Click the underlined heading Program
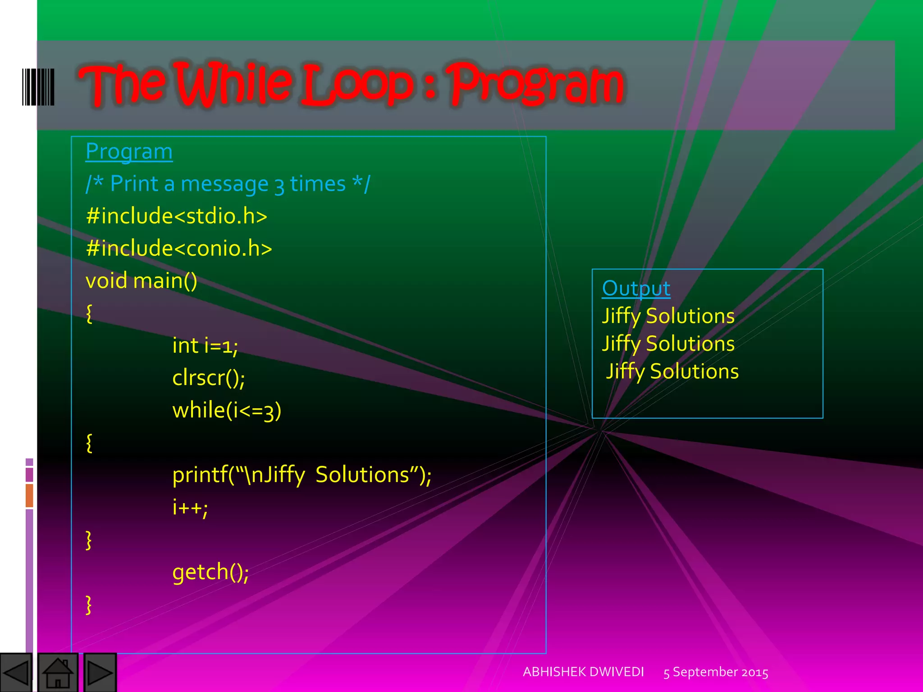click(x=129, y=152)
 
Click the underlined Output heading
click(x=636, y=288)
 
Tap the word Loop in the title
click(x=356, y=85)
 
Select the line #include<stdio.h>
click(x=176, y=216)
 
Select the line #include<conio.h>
click(x=178, y=248)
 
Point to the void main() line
click(x=141, y=281)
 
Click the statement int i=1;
click(x=205, y=346)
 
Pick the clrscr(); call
click(x=209, y=378)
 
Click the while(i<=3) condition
click(x=227, y=410)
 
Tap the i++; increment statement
click(x=190, y=507)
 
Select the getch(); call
click(x=210, y=572)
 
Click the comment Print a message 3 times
click(x=228, y=184)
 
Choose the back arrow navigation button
click(x=16, y=673)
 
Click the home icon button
click(x=58, y=673)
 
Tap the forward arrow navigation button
click(x=100, y=673)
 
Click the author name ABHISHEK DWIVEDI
click(x=583, y=672)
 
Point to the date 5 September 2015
click(x=715, y=672)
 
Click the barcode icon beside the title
click(x=38, y=87)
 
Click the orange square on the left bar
click(x=29, y=495)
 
